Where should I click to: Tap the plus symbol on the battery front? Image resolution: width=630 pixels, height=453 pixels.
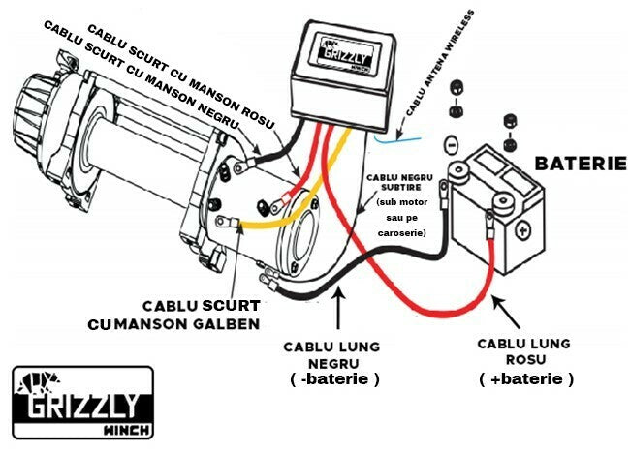522,232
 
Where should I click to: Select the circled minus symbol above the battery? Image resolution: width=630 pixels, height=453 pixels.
449,143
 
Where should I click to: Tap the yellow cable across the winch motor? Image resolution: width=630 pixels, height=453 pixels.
281,222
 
